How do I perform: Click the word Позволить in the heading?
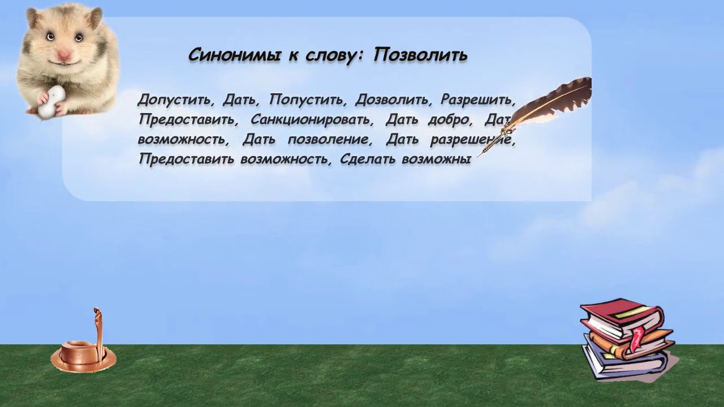[x=420, y=55]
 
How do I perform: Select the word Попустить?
[x=307, y=100]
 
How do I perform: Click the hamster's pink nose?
[x=64, y=54]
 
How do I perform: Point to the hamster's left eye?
[x=50, y=36]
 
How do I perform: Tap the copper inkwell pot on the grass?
[x=82, y=353]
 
